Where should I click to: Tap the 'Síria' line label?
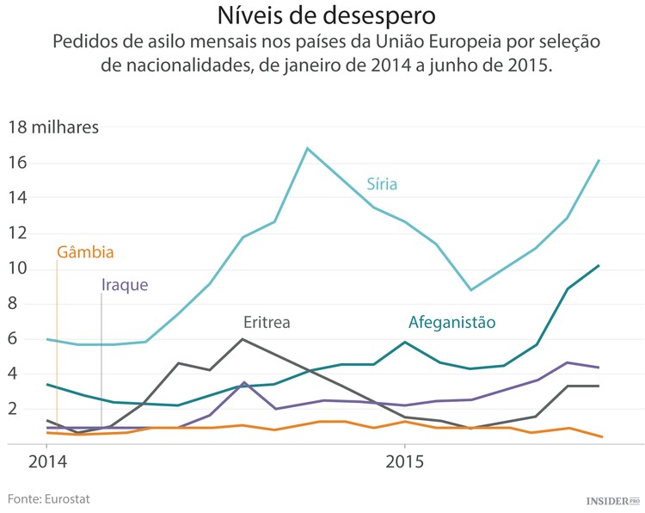click(x=382, y=184)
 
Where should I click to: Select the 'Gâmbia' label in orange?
click(x=85, y=252)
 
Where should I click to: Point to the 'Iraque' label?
click(x=125, y=285)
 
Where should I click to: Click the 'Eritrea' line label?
click(x=266, y=323)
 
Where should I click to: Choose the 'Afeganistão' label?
click(x=451, y=323)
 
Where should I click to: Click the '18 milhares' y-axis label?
click(x=53, y=128)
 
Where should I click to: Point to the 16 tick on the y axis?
click(x=18, y=164)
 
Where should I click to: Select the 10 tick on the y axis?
click(x=18, y=269)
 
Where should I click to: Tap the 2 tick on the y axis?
click(x=14, y=410)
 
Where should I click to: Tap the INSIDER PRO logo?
click(x=612, y=500)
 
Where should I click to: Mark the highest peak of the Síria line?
click(x=307, y=148)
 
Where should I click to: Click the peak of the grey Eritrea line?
click(x=243, y=339)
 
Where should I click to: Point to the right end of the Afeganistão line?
click(x=599, y=266)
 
